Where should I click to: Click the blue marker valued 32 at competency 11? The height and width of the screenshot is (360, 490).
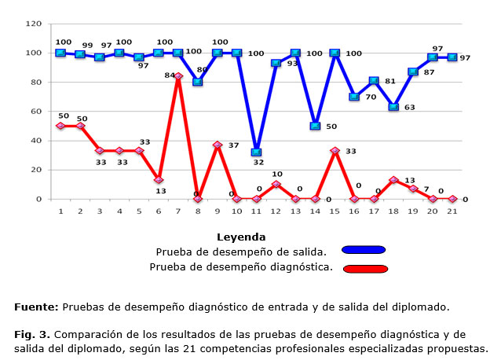256,152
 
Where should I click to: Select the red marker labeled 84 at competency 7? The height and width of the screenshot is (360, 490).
178,76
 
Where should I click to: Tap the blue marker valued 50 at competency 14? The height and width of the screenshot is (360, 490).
315,126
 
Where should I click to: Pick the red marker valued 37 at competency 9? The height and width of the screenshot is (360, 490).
218,145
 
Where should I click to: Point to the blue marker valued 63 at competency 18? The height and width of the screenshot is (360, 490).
393,107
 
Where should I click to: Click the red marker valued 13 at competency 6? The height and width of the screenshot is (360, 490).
159,180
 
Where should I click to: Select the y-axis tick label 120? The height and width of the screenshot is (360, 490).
34,24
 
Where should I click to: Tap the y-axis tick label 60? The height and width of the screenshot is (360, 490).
36,112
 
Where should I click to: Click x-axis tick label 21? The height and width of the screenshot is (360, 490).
452,211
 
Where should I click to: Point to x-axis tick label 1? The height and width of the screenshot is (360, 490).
60,211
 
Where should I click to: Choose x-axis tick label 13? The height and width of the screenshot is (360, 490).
295,211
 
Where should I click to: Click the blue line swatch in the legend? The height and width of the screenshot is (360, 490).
364,250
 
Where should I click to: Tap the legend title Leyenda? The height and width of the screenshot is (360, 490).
242,236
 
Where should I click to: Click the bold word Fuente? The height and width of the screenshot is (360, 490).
35,306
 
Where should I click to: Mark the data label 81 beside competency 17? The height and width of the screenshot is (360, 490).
390,81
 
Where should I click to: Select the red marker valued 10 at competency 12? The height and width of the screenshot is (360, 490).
276,185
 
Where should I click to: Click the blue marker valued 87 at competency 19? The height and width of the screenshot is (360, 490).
413,72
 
